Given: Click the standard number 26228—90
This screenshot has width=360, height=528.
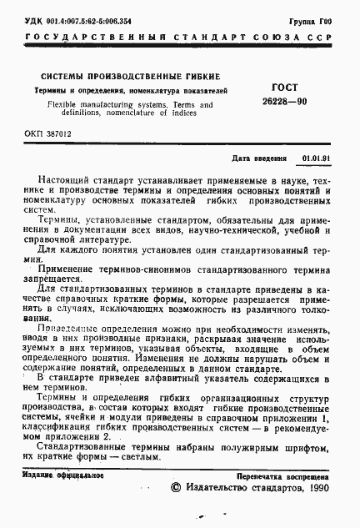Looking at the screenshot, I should pos(286,100).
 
